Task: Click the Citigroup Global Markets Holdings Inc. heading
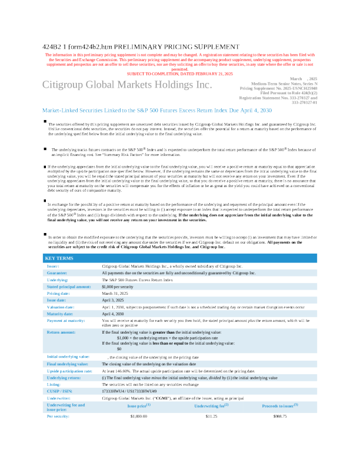[x=127, y=85]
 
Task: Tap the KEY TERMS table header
[x=59, y=258]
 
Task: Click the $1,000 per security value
[x=123, y=286]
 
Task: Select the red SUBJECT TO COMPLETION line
[x=180, y=73]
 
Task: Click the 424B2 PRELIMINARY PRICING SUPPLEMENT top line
[x=141, y=46]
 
